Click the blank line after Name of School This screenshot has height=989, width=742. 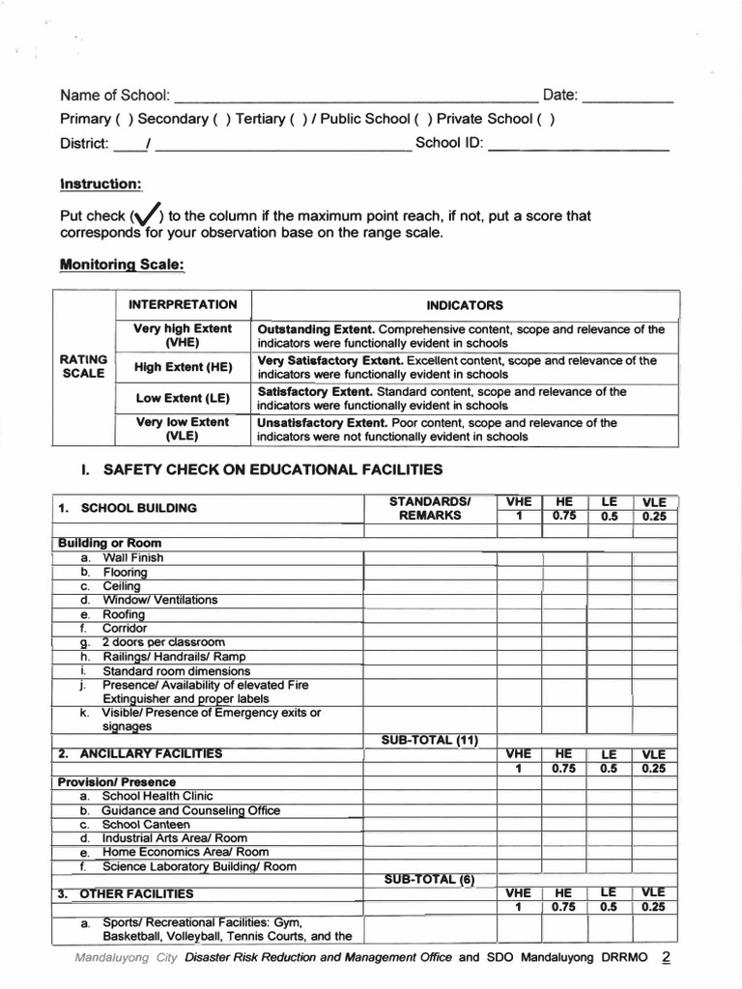(x=356, y=97)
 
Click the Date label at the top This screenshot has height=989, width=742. (x=560, y=95)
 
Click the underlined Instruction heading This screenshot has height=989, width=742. (x=101, y=184)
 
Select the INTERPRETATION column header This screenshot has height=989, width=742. (x=183, y=304)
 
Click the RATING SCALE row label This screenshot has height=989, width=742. (x=83, y=366)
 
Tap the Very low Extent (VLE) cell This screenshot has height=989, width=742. (x=183, y=429)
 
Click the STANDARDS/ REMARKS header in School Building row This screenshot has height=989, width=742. (x=429, y=508)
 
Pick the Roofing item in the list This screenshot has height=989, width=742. (x=124, y=614)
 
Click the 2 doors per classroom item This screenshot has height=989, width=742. (x=163, y=642)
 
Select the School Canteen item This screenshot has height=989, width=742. (x=146, y=825)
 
